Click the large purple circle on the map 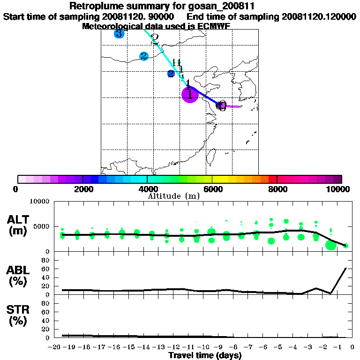(189, 95)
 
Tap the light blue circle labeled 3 (119, 33)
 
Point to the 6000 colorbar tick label (212, 189)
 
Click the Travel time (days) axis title (205, 356)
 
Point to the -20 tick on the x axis (55, 347)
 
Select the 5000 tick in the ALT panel (43, 226)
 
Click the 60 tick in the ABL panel (46, 269)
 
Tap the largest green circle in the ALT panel (331, 245)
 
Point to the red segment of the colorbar (272, 179)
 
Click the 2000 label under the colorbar (82, 189)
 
